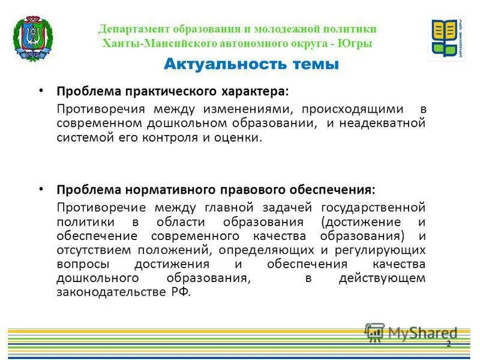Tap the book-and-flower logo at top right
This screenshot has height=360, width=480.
(x=446, y=39)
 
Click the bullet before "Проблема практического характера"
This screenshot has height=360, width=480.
(x=41, y=90)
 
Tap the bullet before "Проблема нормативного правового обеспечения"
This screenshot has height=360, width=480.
(x=41, y=188)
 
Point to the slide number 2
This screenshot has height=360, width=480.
(x=448, y=344)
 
